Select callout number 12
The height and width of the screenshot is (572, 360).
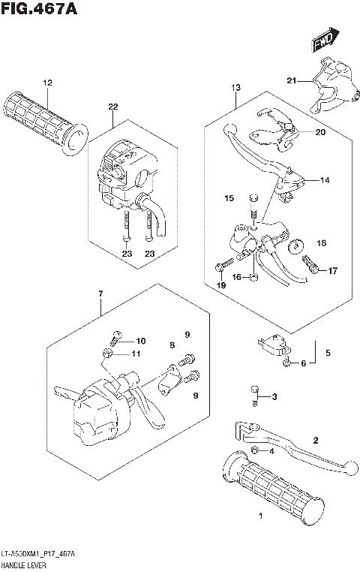(x=46, y=83)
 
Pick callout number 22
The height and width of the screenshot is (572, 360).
(x=112, y=107)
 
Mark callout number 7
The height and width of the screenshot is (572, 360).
(x=99, y=292)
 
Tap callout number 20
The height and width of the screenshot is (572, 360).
(x=320, y=132)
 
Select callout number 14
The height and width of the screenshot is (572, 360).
(x=325, y=180)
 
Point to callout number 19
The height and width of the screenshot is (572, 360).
(x=220, y=286)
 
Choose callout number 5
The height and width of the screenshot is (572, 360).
(x=328, y=351)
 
